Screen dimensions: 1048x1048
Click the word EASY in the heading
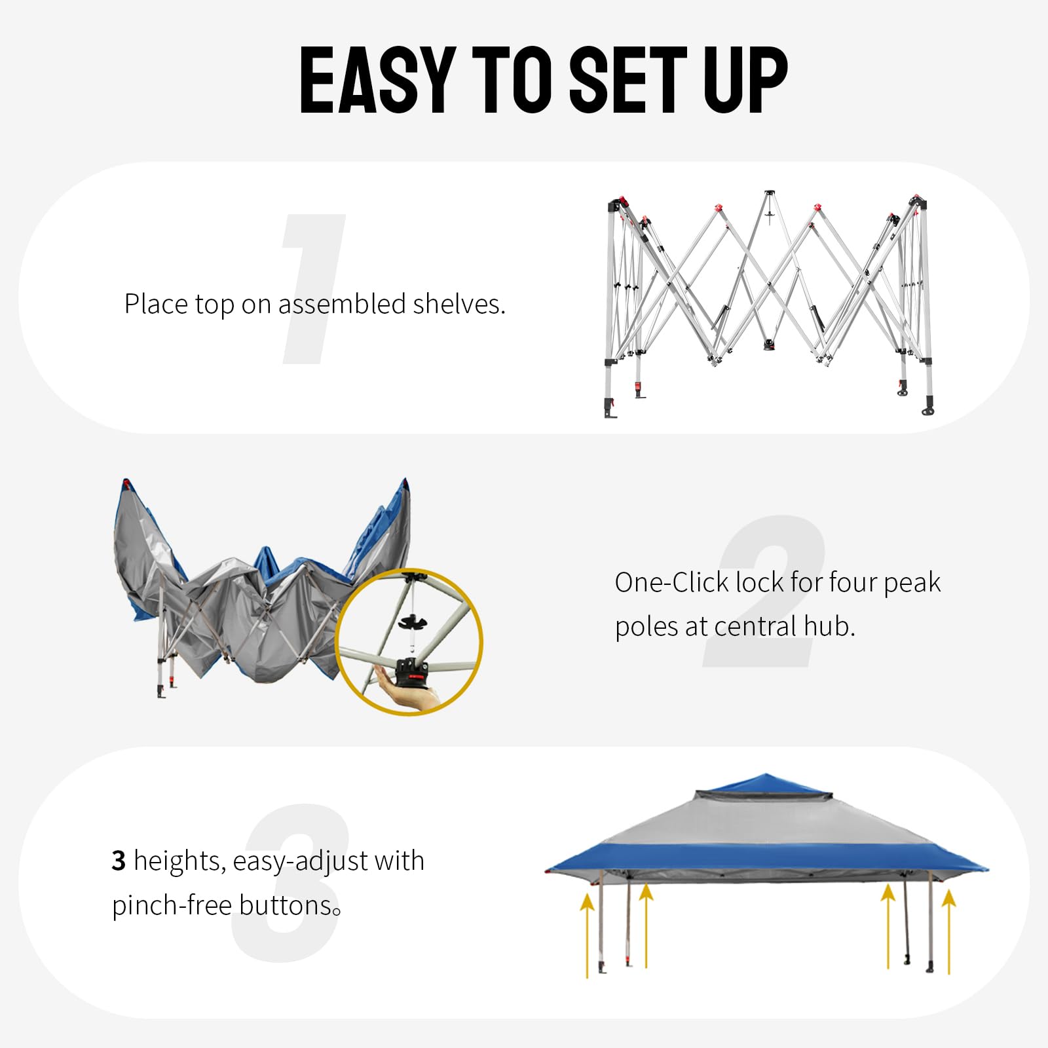point(377,81)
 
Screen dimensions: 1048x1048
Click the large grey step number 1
point(313,289)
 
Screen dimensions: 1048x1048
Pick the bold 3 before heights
point(119,861)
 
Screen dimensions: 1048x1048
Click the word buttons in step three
point(286,905)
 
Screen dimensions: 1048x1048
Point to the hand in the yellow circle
point(409,692)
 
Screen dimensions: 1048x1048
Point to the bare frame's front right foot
point(927,407)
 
